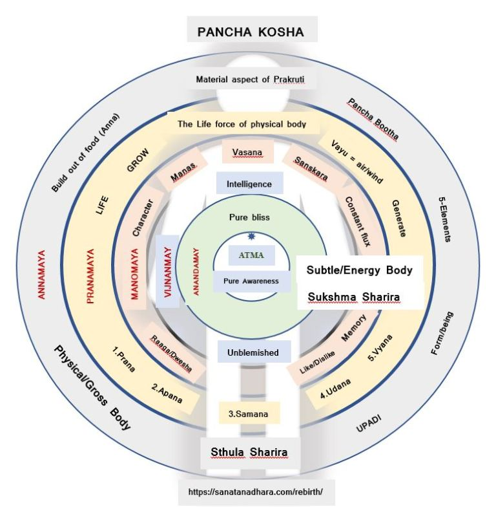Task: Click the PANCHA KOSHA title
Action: [x=251, y=32]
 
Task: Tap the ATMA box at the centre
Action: [x=252, y=255]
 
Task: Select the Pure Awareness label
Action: [x=251, y=281]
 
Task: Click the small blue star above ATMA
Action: [x=251, y=237]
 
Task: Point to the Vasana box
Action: [x=247, y=152]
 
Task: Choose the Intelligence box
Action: [x=249, y=184]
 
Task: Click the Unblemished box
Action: [x=253, y=352]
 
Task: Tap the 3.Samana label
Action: [x=248, y=414]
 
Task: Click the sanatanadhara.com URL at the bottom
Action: [x=256, y=491]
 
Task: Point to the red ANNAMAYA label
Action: [x=41, y=274]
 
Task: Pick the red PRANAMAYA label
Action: [x=90, y=276]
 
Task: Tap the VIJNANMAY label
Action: [x=168, y=272]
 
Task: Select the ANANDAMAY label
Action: [x=196, y=272]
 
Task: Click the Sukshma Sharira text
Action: [x=354, y=297]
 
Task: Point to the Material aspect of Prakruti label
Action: [x=251, y=79]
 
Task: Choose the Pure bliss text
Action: [x=249, y=217]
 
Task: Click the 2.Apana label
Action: [x=167, y=393]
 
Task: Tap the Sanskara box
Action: [x=311, y=169]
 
